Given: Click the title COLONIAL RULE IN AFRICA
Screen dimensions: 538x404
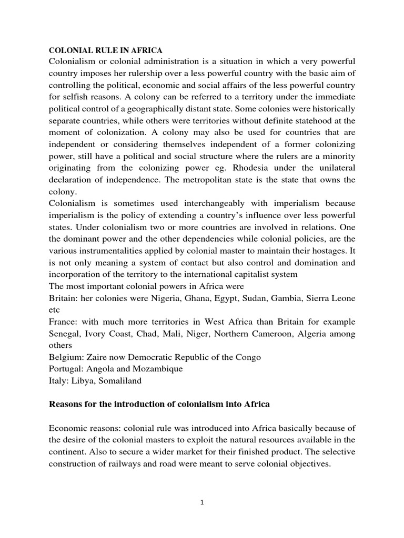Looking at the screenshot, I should pos(106,50).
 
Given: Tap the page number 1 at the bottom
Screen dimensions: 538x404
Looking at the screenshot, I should pos(202,502).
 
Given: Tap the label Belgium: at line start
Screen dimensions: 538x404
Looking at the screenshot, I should pos(66,357).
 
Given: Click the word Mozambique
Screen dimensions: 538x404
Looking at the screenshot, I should pos(157,369).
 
